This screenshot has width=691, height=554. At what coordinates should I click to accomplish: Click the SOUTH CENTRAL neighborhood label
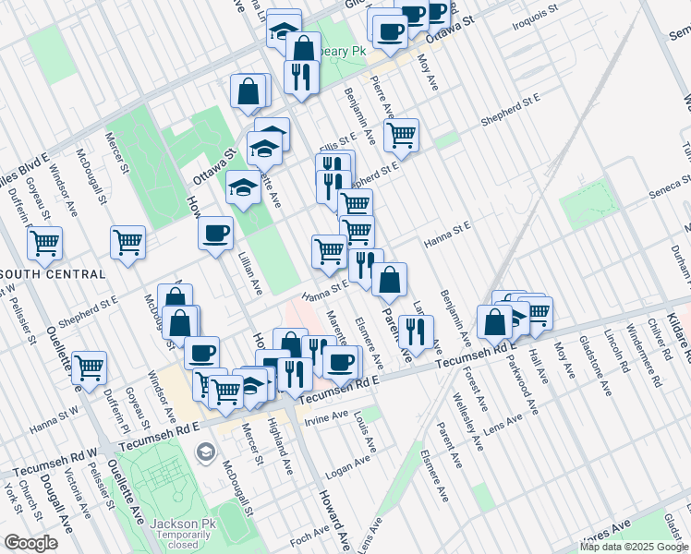pos(52,274)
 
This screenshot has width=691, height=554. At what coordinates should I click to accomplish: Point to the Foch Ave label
pos(309,534)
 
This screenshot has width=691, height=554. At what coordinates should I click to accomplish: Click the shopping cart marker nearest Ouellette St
pos(89,367)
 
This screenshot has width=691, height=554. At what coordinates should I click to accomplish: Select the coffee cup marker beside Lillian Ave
pos(215,232)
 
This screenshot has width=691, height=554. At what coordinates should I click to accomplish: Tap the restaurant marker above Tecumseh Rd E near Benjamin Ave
pos(418,331)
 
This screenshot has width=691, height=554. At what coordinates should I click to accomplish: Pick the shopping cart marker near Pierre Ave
pos(401,135)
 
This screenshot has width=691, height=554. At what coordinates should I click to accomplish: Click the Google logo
pos(30,543)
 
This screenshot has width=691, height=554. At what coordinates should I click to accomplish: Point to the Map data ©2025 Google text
pos(633,547)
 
